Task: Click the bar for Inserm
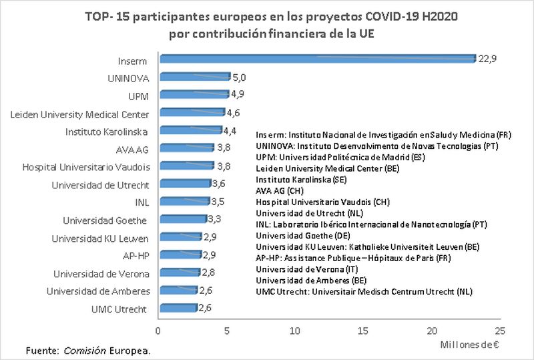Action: (x=317, y=59)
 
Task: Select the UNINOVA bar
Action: (x=194, y=77)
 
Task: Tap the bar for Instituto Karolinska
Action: (x=190, y=130)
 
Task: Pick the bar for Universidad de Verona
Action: (x=178, y=273)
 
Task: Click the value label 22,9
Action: (x=488, y=59)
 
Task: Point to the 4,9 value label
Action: (x=238, y=94)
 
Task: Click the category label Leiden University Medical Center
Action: (x=80, y=114)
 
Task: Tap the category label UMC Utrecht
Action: (x=119, y=309)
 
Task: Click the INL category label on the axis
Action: (x=142, y=202)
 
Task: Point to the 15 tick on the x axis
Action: (x=363, y=330)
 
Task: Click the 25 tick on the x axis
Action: (x=500, y=330)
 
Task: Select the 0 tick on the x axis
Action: (x=158, y=330)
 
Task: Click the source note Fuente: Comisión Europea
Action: (x=88, y=350)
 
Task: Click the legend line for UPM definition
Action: (x=331, y=156)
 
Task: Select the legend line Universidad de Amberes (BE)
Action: (x=310, y=281)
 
